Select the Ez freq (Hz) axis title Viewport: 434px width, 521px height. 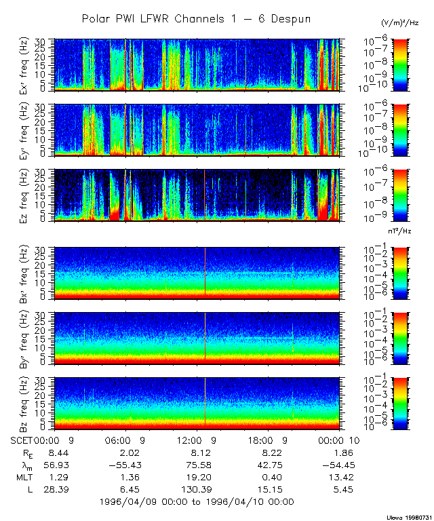tap(27, 195)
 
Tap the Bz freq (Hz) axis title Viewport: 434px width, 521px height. tap(27, 404)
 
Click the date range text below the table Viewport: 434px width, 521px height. tap(196, 502)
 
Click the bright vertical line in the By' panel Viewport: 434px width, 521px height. tap(205, 337)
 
